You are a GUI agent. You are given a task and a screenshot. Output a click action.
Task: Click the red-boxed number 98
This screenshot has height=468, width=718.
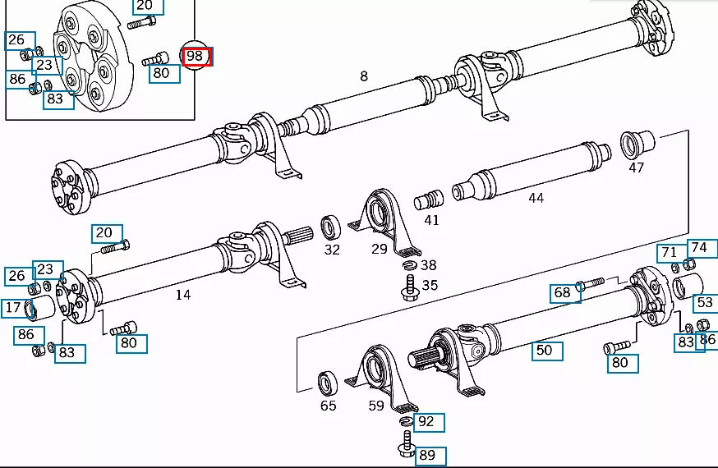point(196,56)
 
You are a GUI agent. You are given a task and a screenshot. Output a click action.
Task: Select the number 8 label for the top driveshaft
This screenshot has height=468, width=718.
point(363,76)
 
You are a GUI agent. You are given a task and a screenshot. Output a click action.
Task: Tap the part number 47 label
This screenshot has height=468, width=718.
point(636,167)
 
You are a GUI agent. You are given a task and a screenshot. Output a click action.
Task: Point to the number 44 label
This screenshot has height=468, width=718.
point(536,198)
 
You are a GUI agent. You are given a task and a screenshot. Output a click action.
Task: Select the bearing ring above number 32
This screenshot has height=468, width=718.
point(331,227)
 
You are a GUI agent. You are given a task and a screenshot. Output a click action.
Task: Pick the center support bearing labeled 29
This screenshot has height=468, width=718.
point(381,215)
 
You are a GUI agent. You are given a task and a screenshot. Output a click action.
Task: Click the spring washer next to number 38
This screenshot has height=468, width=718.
point(410,264)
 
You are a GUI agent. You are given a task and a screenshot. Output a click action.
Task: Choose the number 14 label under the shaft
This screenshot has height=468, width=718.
point(182,294)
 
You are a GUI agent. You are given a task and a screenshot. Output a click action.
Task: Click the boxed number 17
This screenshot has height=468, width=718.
point(13,308)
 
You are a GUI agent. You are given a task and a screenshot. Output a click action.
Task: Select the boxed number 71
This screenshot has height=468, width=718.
point(669,253)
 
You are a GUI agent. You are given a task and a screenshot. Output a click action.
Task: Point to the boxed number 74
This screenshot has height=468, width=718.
point(698,247)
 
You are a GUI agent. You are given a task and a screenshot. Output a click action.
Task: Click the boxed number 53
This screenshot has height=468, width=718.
point(704,302)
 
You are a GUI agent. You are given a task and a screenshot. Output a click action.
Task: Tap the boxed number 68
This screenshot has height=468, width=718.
point(562,292)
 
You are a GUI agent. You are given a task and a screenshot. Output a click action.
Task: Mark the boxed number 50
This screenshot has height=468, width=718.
point(544,350)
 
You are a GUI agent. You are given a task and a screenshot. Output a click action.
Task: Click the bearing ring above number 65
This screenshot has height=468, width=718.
point(328,383)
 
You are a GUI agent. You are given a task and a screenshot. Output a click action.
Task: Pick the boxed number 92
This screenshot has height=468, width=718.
point(426,422)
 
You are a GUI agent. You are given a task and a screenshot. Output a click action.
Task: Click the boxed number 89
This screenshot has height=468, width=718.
point(427,455)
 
